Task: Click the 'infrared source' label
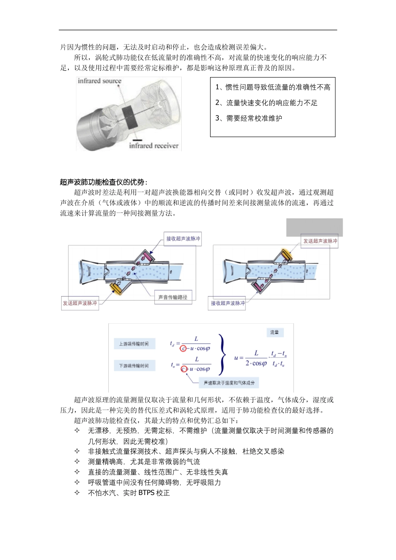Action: coord(99,81)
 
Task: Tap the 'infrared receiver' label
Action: coord(153,146)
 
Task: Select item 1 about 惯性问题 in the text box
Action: coord(273,87)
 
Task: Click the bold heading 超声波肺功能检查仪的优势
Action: coord(103,182)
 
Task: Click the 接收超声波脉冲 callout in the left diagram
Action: coord(183,239)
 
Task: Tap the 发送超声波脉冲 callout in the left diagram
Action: coord(80,303)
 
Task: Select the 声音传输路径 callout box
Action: coord(173,297)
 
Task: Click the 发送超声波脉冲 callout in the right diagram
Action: coord(320,241)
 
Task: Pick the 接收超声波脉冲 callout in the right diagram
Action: coord(228,303)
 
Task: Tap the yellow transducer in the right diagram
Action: coord(286,255)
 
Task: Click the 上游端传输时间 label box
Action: coord(134,344)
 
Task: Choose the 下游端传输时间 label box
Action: coord(134,366)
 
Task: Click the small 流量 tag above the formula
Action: coord(275,332)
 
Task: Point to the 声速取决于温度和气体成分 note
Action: coord(229,382)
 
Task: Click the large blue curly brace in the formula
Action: coord(223,354)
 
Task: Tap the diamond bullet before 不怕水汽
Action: coord(77,493)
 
